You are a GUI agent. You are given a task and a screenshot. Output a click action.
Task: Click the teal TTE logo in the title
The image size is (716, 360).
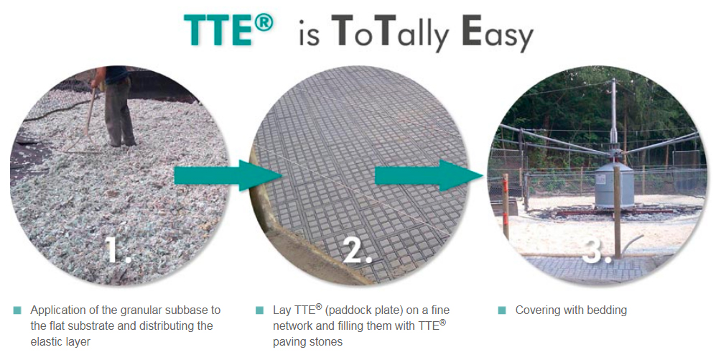pyautogui.click(x=228, y=29)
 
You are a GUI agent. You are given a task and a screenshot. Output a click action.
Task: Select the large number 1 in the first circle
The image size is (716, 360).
pyautogui.click(x=118, y=250)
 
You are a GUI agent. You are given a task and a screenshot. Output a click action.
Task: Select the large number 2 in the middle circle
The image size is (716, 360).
pyautogui.click(x=357, y=250)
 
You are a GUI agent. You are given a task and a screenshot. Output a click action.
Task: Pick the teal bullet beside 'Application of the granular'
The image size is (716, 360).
pyautogui.click(x=18, y=310)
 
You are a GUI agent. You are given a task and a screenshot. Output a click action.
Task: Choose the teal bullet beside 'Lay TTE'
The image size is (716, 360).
pyautogui.click(x=260, y=310)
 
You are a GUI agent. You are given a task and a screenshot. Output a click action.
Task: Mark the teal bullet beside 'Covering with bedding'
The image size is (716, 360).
pyautogui.click(x=502, y=310)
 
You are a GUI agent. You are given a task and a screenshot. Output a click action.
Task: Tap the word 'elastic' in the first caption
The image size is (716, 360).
pyautogui.click(x=47, y=342)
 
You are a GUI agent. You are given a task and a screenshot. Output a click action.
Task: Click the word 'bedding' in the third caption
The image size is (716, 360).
pyautogui.click(x=607, y=310)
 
